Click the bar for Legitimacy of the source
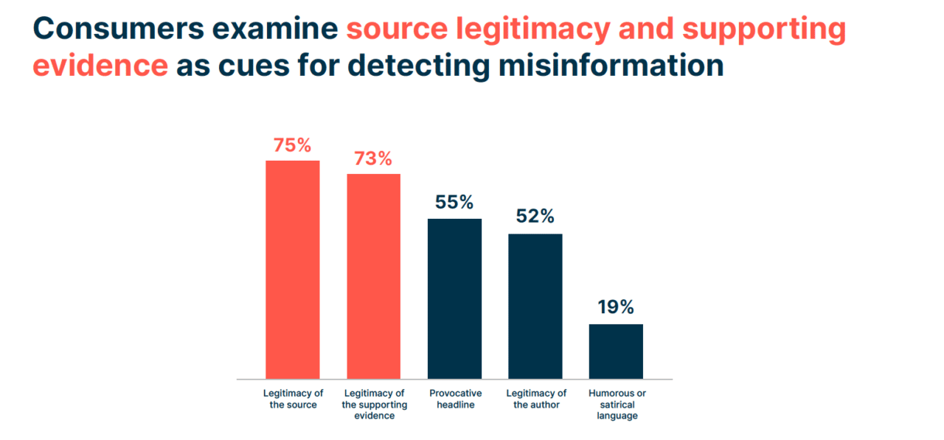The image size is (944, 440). point(292,269)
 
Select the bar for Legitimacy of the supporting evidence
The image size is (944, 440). point(373,276)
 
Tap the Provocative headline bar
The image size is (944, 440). point(454,298)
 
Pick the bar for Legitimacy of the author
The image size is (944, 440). point(535,306)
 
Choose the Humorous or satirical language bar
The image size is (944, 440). point(616,351)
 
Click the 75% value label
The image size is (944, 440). point(292,145)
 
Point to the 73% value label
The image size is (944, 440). point(373,158)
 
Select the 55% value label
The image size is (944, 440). point(454,203)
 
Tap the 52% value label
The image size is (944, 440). point(535,217)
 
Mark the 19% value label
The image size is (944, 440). point(616,307)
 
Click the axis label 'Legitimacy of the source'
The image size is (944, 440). point(293,399)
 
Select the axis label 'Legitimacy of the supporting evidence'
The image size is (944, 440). point(373,404)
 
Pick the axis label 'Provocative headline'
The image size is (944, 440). point(454,399)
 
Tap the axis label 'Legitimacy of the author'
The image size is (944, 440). point(535,399)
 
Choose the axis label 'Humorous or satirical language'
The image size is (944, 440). point(617,404)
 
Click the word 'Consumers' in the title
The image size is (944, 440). point(118,29)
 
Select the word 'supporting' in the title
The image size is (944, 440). point(762,29)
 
